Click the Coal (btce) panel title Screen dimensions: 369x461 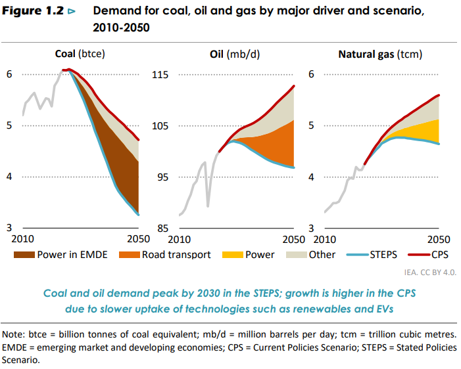[x=80, y=54]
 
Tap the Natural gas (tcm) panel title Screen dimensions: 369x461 [x=380, y=54]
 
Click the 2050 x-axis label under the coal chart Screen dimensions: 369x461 [x=137, y=239]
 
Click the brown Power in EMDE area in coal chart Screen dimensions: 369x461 [x=118, y=161]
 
